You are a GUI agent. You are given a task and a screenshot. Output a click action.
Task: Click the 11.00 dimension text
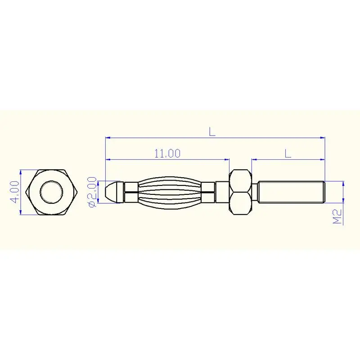(167, 153)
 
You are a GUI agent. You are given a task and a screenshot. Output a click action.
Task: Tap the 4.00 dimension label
(15, 192)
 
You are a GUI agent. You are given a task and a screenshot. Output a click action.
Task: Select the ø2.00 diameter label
(92, 192)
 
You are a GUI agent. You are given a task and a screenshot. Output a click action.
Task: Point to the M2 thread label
(337, 216)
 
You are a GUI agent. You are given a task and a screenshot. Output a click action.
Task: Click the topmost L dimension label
(212, 132)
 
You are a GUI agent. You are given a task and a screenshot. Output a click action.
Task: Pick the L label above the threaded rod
(288, 153)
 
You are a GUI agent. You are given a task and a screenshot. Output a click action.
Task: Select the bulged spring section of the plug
(170, 193)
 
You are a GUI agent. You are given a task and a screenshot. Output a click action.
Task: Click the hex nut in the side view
(240, 192)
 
